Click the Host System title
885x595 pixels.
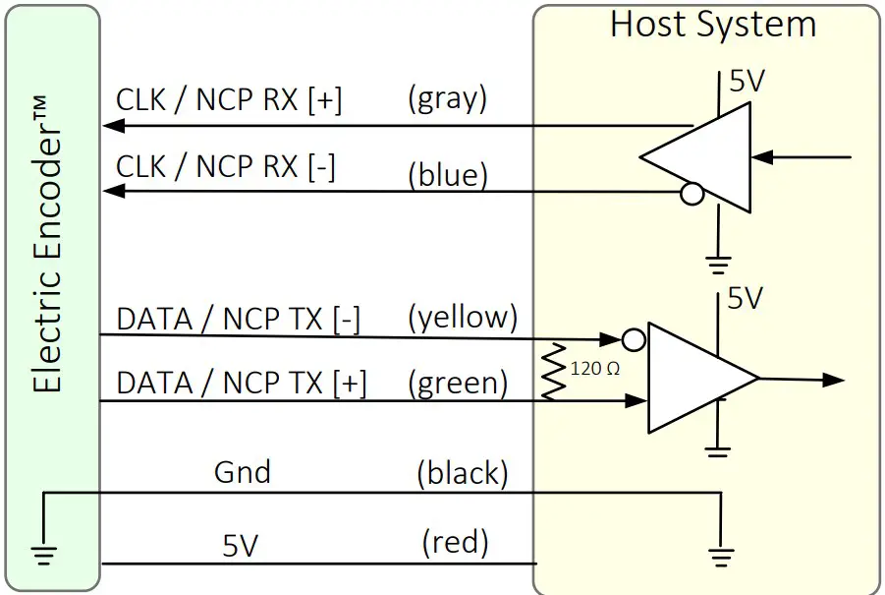coord(712,25)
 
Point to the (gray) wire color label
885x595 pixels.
coord(447,98)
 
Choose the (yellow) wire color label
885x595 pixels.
coord(462,317)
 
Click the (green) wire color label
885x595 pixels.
coord(459,383)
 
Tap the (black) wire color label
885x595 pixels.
coord(462,474)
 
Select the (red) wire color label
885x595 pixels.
coord(455,541)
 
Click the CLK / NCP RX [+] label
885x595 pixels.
coord(229,100)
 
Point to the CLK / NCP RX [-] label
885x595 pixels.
coord(226,166)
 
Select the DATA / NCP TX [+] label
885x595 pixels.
coord(242,384)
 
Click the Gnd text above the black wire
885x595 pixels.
coord(242,472)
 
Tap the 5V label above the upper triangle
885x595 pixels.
coord(746,82)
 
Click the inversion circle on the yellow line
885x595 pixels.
coord(635,340)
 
